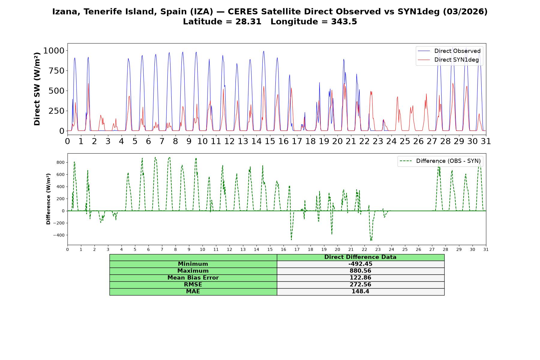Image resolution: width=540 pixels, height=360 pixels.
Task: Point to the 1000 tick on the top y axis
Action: tap(54, 50)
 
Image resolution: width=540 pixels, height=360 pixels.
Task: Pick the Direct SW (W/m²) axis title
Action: tap(37, 89)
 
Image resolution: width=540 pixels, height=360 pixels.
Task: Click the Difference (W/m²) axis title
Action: tap(48, 199)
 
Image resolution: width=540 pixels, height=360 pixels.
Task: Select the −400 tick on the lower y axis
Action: tap(59, 235)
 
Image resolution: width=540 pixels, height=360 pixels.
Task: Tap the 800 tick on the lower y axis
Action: tap(61, 162)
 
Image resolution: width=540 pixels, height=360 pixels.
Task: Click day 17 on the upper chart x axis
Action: tap(297, 141)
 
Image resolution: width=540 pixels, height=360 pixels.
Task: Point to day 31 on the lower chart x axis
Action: tap(486, 249)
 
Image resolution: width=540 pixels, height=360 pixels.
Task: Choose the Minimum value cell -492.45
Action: tap(360, 264)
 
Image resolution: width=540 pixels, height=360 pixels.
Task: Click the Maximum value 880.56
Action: tap(360, 271)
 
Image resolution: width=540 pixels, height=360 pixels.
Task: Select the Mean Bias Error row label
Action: tap(193, 278)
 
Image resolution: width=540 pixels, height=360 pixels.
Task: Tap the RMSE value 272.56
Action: tap(360, 285)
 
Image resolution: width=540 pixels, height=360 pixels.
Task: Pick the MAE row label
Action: tap(193, 292)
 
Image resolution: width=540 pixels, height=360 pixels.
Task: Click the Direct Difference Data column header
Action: tap(360, 257)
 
